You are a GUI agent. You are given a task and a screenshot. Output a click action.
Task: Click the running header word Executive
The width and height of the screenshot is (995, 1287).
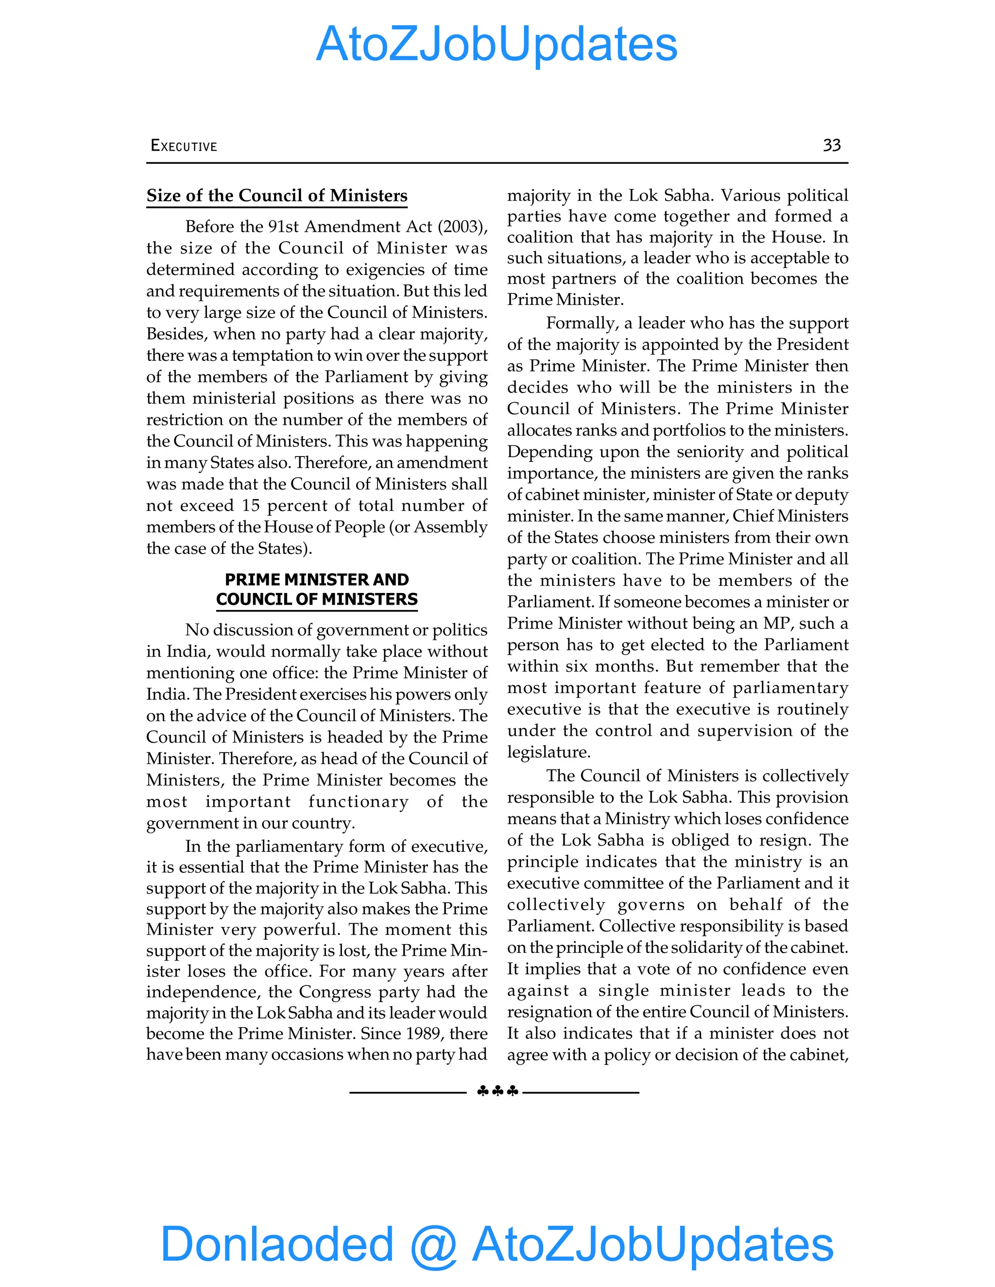pos(184,146)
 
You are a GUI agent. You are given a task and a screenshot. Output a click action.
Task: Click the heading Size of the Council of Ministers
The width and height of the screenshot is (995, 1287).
pos(276,195)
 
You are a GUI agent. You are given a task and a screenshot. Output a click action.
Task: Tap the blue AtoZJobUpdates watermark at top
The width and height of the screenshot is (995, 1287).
pos(497,44)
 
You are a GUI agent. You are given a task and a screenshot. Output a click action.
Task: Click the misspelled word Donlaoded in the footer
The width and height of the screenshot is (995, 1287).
pos(276,1243)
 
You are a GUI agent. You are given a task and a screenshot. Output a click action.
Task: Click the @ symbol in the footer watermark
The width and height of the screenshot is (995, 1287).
pos(433,1245)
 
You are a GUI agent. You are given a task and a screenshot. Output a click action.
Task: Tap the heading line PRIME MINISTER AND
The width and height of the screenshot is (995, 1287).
pos(317,579)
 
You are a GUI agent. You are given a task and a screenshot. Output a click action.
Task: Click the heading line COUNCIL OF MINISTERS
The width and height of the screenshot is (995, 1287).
pos(317,599)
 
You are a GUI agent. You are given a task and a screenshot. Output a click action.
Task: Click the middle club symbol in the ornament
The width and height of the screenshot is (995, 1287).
pos(497,1091)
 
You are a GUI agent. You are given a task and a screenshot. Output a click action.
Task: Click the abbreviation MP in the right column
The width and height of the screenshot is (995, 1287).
pos(777,623)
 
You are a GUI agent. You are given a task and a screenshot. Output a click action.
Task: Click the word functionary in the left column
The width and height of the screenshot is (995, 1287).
pos(359,801)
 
